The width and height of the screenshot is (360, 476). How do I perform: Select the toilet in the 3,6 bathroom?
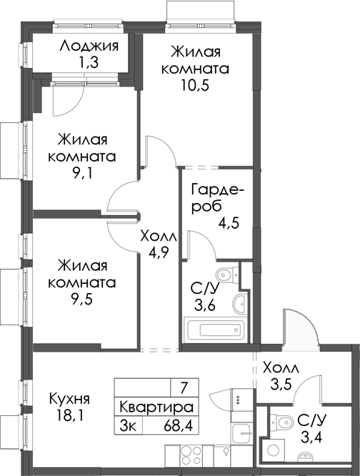point(227,274)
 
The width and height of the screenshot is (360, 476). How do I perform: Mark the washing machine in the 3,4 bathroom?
point(274,450)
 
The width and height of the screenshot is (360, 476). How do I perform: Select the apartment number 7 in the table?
point(184,388)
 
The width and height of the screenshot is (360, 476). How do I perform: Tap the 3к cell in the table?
point(130,425)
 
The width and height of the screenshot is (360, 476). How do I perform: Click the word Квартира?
point(156,407)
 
